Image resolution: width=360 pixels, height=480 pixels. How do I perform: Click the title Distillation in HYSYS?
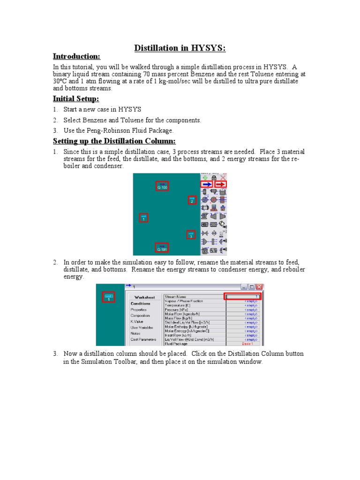coord(180,48)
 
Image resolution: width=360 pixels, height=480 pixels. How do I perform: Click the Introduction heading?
coord(76,57)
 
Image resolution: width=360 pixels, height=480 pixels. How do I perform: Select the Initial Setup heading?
coord(76,99)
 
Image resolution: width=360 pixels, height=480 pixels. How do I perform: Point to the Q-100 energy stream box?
coord(162,186)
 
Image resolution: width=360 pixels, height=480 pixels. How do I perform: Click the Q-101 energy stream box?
coord(162,248)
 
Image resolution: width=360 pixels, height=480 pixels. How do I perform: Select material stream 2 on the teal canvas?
coord(192,200)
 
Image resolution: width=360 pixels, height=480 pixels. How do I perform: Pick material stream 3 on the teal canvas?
coord(190,235)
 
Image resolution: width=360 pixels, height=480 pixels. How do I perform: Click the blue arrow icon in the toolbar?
coord(207,184)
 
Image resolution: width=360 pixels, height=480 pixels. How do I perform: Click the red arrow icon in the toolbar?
coord(220,184)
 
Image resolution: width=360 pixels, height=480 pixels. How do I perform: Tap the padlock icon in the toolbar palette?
coord(214,177)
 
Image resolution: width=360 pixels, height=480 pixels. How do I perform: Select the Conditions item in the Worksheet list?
coord(141,303)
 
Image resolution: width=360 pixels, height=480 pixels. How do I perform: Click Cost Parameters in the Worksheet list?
coord(143,339)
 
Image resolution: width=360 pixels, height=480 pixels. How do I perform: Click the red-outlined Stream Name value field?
coord(243,296)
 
